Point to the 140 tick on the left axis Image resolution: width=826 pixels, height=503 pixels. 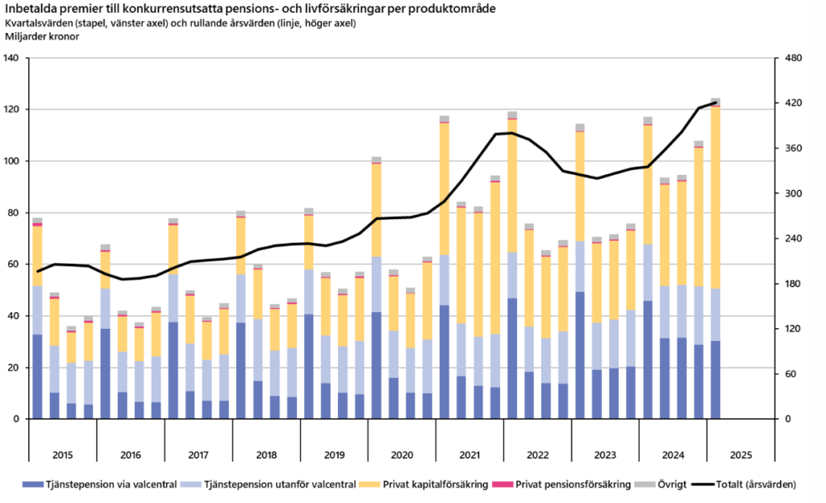tap(11, 58)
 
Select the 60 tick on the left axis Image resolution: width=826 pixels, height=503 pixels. tap(14, 264)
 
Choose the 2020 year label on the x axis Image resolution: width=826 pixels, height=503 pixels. tap(402, 455)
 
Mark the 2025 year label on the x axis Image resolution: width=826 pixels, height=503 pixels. tap(740, 455)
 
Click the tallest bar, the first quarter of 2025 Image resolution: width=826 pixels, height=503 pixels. tap(715, 258)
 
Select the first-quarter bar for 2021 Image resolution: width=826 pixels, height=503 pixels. tap(444, 266)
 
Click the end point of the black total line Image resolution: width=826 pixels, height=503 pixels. tap(716, 102)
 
